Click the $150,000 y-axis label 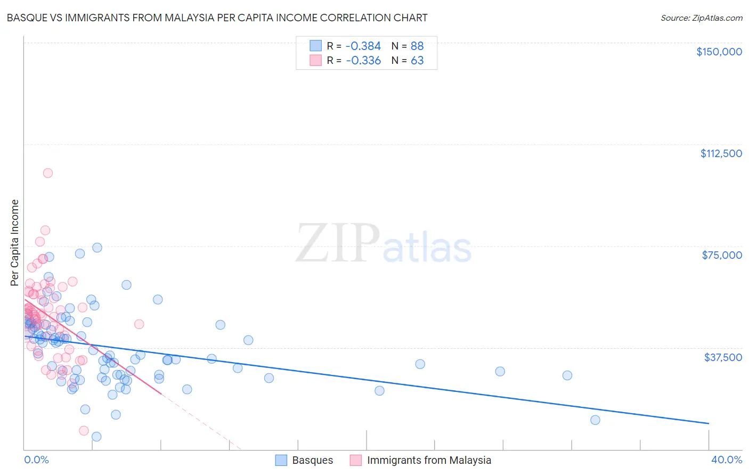719,52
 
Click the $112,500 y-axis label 721,153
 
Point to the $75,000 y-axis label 722,255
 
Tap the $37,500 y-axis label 723,357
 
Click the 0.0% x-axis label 36,460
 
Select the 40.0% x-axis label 726,460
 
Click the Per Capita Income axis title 15,243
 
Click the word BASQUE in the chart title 25,18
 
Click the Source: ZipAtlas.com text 701,18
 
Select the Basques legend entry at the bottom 304,460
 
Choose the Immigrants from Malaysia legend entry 421,460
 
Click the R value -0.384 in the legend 363,46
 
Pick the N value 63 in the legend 417,61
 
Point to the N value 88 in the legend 417,46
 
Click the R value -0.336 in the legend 363,61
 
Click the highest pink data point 47,173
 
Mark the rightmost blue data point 595,420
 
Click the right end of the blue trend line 709,423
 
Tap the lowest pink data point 84,431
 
